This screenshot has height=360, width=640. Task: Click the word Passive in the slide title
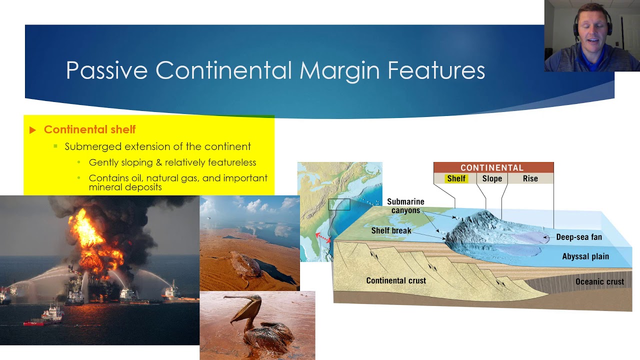coord(106,70)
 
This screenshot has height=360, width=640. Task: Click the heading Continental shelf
coord(89,129)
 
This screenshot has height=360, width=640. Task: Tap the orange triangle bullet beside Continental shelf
coord(32,130)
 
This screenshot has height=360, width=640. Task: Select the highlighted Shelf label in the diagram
coord(456,178)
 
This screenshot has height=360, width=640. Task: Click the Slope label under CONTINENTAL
coord(492,178)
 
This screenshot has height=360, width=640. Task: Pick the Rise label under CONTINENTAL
coord(530,178)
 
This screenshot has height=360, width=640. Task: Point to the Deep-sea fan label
coord(579,237)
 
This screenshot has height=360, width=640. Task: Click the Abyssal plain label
coord(585,256)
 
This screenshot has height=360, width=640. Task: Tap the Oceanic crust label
coord(599,281)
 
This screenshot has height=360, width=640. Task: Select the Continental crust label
coord(396,280)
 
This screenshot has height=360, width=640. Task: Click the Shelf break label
coord(391,230)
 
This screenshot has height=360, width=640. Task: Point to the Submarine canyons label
coord(405,206)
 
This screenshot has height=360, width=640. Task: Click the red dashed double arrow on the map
coord(323,238)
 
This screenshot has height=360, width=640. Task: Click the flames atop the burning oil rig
coord(94,243)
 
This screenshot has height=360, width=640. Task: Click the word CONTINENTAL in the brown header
coord(492,167)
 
